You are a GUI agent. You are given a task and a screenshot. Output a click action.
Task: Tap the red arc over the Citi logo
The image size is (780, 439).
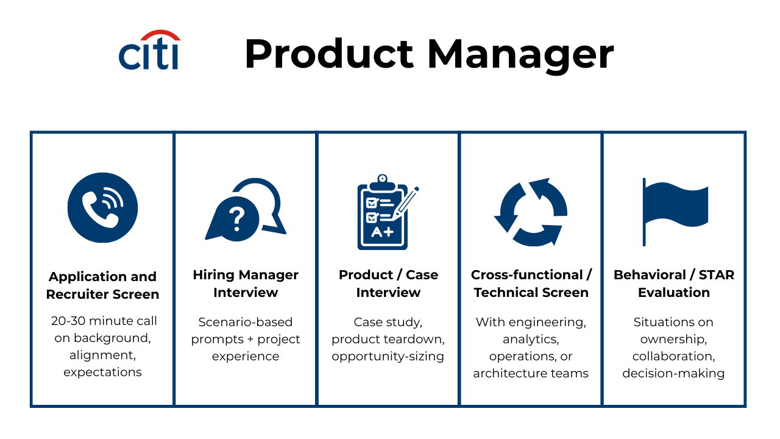pyautogui.click(x=160, y=34)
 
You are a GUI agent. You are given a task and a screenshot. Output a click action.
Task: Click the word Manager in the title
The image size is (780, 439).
pyautogui.click(x=520, y=55)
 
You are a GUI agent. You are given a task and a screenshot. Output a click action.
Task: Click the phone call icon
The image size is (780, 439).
pyautogui.click(x=102, y=208)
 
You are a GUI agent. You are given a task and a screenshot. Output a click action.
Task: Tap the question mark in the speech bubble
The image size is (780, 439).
pyautogui.click(x=237, y=219)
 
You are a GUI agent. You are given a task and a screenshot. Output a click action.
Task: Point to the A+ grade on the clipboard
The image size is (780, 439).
pyautogui.click(x=382, y=232)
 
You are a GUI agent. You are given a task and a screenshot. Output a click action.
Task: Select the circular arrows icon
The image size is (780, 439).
pyautogui.click(x=531, y=212)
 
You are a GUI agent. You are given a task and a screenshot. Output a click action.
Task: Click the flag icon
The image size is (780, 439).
pyautogui.click(x=675, y=212)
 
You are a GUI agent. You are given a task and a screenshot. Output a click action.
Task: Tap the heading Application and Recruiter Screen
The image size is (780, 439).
pyautogui.click(x=103, y=285)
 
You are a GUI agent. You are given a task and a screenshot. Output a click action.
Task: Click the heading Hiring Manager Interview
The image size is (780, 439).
pyautogui.click(x=246, y=284)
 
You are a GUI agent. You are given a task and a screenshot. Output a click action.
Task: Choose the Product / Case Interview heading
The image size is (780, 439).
pyautogui.click(x=388, y=284)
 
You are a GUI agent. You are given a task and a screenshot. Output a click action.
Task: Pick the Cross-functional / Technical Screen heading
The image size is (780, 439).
pyautogui.click(x=531, y=284)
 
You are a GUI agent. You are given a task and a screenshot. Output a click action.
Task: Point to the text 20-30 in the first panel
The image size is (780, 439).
pyautogui.click(x=68, y=321)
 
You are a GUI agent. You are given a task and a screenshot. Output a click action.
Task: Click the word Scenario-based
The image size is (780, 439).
pyautogui.click(x=246, y=322)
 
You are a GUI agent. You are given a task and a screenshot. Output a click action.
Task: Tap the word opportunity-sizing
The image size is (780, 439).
pyautogui.click(x=388, y=357)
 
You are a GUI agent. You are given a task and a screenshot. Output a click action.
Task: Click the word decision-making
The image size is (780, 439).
pyautogui.click(x=673, y=374)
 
